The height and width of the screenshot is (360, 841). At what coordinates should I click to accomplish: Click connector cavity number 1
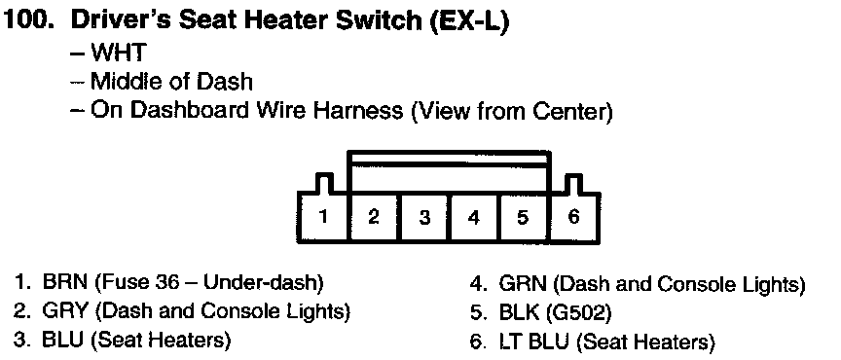pos(322,217)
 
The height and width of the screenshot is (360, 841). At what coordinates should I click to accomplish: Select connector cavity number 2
pos(374,217)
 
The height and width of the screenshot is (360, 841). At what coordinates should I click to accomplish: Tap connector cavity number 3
pos(424,217)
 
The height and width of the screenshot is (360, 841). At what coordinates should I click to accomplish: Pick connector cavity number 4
pos(474,217)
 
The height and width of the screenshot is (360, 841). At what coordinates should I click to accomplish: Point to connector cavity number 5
pos(523,217)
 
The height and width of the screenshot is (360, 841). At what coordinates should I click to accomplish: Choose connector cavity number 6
pos(573,217)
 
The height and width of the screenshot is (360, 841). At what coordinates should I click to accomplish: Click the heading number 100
pos(27,21)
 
